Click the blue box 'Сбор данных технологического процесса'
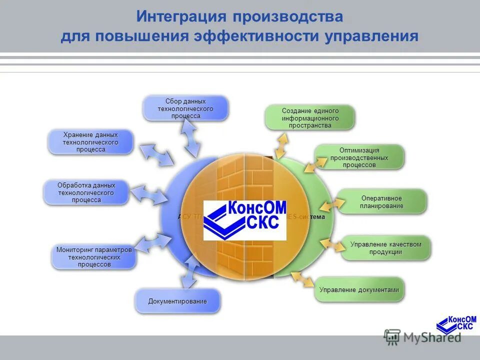[x=185, y=108]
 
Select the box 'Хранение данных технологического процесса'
[x=90, y=142]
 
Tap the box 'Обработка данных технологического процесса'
[x=86, y=192]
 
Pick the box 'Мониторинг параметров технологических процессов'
[x=94, y=257]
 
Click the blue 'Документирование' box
[x=177, y=301]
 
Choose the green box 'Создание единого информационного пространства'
[x=309, y=118]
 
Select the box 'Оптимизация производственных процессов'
[x=359, y=157]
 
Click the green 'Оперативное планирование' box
[x=382, y=202]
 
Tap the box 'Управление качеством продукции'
[x=385, y=248]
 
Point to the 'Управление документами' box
[x=358, y=290]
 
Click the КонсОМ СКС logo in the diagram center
[x=245, y=220]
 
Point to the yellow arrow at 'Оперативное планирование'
[x=332, y=205]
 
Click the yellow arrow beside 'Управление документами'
[x=302, y=280]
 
